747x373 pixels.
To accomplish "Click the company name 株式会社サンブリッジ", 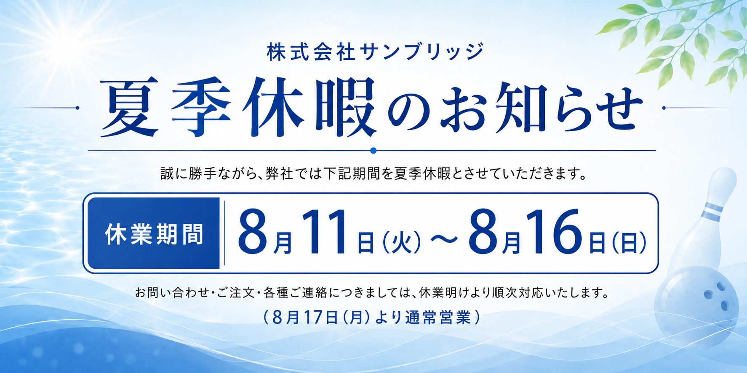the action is point(375,52).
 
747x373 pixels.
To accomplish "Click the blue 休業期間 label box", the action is point(154,233).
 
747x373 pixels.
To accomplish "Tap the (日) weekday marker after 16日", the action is point(629,243).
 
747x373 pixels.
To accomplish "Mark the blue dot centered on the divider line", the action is point(373,150).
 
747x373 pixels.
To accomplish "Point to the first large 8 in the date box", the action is point(253,233).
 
